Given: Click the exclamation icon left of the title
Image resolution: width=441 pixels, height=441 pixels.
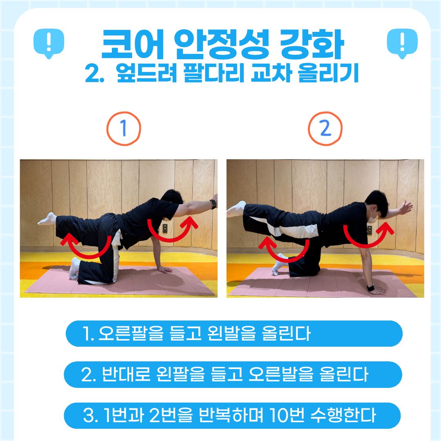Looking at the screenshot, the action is coord(49,43).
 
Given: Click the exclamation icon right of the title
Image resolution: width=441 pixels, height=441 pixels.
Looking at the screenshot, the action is coord(402,43).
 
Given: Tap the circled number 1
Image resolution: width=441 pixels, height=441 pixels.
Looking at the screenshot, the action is coord(123,129).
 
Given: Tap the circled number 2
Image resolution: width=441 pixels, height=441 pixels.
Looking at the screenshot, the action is coord(325,129).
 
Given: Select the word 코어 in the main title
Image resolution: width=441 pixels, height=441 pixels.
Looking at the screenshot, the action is coord(132,44).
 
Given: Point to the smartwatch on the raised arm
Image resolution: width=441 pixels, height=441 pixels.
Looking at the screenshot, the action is coord(213,204).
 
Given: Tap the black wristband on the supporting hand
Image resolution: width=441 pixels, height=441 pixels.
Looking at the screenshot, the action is coord(371,288).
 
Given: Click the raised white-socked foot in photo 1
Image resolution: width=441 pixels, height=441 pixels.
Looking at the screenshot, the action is coord(47,219).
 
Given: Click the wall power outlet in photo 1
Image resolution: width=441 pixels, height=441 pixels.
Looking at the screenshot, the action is coord(165,228).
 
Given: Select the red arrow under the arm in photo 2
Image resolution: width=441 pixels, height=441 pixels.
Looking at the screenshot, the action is coord(366,245).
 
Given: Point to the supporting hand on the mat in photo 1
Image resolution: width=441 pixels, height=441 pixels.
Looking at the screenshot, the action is coord(165,269).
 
